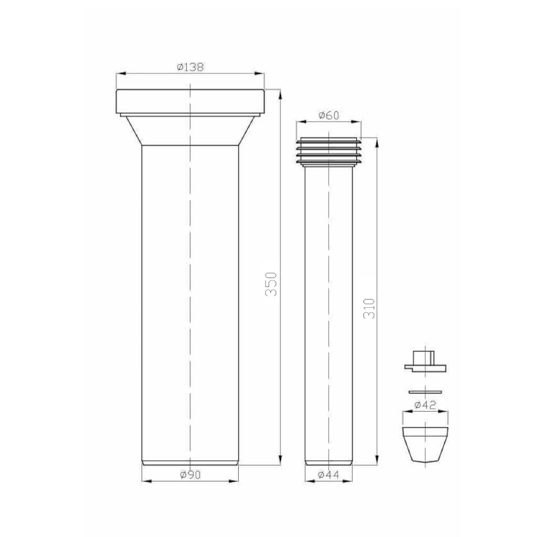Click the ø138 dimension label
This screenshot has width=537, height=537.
pyautogui.click(x=190, y=67)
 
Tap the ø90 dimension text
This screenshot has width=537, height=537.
pyautogui.click(x=190, y=475)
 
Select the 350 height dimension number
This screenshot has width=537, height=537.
pyautogui.click(x=271, y=284)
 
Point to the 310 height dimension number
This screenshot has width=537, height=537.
pyautogui.click(x=369, y=308)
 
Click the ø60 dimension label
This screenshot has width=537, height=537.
pyautogui.click(x=329, y=115)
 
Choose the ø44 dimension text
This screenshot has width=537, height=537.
pyautogui.click(x=328, y=475)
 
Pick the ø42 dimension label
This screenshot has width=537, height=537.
pyautogui.click(x=425, y=405)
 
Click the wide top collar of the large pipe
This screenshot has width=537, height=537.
pyautogui.click(x=190, y=101)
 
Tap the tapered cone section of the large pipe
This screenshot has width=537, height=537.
pyautogui.click(x=190, y=131)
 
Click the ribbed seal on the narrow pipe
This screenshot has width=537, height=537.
pyautogui.click(x=328, y=152)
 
